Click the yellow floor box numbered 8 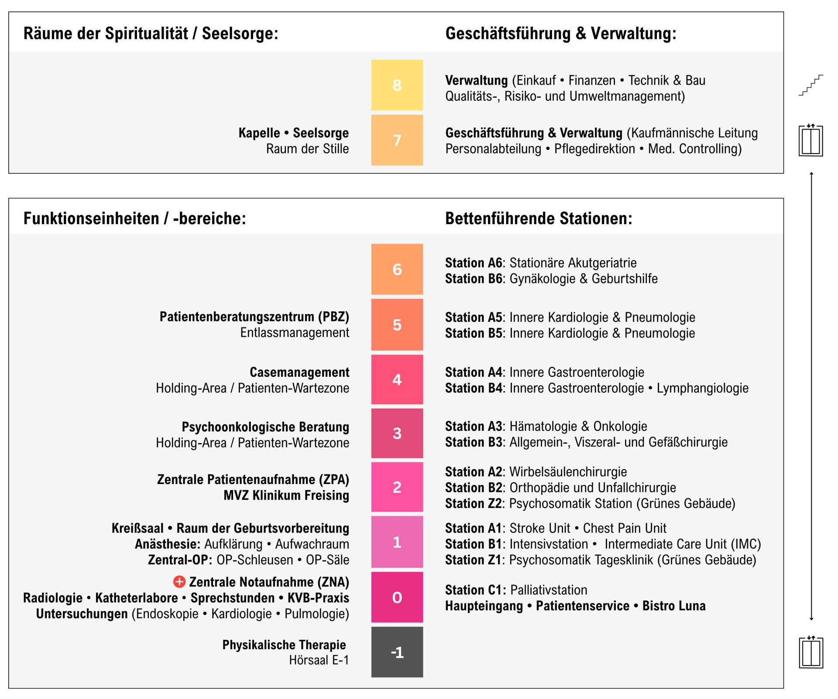coord(397,85)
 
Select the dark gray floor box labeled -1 coord(397,652)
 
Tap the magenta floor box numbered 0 coord(397,597)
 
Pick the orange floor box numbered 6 coord(397,269)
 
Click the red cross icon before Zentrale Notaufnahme coord(179,582)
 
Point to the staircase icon coord(811,85)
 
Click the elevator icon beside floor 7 coord(811,140)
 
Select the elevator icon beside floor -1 coord(811,652)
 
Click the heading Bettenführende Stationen coord(538,218)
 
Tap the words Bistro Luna coord(673,606)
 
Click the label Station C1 coord(475,590)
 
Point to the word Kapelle coord(259,133)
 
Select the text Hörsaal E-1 coord(319,660)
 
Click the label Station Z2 coord(474,503)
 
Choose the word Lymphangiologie coord(702,388)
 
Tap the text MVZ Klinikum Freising coord(286,495)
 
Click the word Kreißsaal coord(137,528)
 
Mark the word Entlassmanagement coord(295,333)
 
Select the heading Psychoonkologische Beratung coord(265,427)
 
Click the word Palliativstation coord(549,590)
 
